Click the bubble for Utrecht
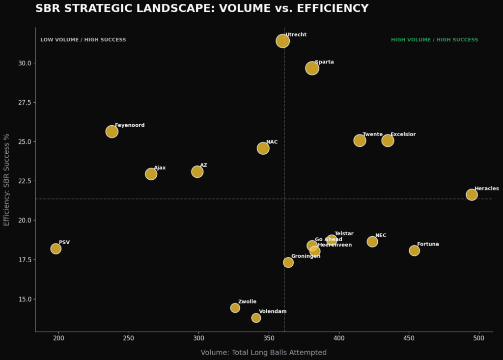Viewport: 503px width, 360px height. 282,41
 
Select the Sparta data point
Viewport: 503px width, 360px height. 312,68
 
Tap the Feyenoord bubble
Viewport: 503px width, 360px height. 112,132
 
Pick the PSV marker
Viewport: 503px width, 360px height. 56,249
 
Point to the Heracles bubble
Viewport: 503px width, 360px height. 472,194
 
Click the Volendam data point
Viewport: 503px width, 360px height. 256,318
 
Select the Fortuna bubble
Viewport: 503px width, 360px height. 414,250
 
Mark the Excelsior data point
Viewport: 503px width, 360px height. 388,140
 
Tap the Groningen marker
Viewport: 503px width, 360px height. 288,262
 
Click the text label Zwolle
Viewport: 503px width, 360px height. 247,302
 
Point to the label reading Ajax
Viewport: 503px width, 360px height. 160,168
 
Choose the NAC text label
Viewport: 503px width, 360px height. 272,142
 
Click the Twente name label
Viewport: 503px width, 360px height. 372,134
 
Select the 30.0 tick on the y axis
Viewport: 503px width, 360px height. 24,63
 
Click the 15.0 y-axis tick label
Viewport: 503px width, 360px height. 24,299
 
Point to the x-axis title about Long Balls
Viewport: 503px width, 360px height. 263,353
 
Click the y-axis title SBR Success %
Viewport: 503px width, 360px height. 6,180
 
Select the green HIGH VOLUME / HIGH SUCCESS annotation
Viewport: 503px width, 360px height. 434,40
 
